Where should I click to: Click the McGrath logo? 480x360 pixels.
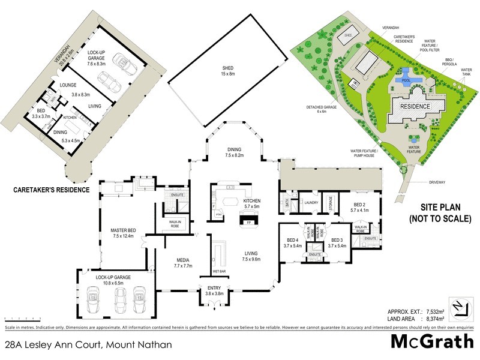[432, 343]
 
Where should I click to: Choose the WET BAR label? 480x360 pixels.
[218, 271]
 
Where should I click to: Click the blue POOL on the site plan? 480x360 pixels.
[406, 79]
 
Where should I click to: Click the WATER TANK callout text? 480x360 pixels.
[466, 72]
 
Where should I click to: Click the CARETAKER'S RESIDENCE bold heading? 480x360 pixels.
[51, 190]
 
